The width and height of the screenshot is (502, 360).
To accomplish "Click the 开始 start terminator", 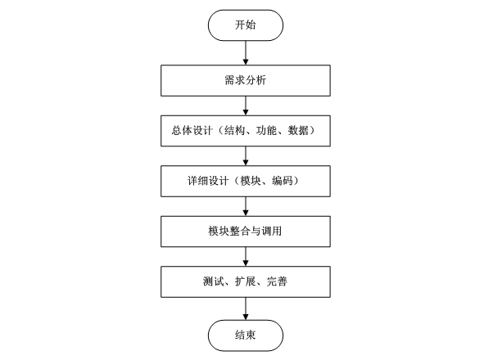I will tap(245, 25).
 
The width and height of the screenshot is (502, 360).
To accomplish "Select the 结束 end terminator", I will tap(245, 335).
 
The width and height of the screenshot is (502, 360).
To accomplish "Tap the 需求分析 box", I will tap(245, 81).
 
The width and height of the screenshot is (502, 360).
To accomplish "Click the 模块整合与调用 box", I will tap(245, 231).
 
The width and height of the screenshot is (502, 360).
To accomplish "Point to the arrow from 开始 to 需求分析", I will tap(245, 52).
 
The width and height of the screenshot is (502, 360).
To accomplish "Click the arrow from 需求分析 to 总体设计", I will tap(245, 106).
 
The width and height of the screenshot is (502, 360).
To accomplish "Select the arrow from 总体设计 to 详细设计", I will tap(245, 155).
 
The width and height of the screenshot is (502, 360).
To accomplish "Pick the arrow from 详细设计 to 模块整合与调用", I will tap(245, 205).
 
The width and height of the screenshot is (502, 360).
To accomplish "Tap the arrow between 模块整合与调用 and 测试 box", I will tap(245, 255).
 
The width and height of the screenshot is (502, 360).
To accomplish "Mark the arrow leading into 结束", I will tap(245, 308).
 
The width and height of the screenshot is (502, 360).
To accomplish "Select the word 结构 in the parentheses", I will tap(235, 131).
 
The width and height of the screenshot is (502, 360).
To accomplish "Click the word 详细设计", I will tap(206, 181).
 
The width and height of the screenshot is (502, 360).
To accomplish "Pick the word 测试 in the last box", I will tap(213, 281).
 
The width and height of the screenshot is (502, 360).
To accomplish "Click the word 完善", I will tap(276, 281).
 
